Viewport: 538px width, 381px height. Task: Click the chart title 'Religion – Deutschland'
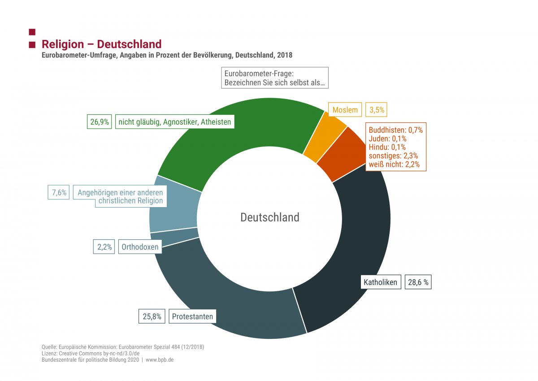101,44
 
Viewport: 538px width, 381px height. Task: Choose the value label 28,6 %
418,282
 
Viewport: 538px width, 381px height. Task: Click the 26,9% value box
99,122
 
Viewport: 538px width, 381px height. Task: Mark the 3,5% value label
377,110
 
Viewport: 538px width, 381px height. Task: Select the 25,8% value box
152,316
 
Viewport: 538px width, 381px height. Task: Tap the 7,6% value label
59,193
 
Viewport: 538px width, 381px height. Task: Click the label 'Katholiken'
380,282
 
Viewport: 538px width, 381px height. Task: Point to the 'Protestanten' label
192,316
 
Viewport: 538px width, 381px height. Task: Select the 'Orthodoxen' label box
140,247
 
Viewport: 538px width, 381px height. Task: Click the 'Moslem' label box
345,110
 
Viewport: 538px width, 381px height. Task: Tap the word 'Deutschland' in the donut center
269,217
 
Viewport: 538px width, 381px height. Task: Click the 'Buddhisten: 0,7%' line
395,130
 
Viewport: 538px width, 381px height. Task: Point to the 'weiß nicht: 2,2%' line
394,165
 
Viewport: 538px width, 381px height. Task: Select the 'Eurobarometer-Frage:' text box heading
259,74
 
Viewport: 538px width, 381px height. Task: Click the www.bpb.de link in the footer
159,360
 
